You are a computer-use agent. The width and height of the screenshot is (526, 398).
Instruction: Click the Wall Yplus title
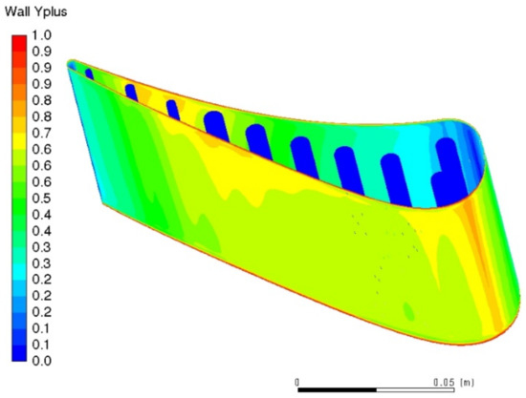pyautogui.click(x=36, y=11)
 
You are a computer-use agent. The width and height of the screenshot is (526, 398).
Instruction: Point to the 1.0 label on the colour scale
pyautogui.click(x=41, y=34)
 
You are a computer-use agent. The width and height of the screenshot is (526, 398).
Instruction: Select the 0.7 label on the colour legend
pyautogui.click(x=41, y=133)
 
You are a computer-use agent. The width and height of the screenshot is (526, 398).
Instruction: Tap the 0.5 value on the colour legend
pyautogui.click(x=41, y=199)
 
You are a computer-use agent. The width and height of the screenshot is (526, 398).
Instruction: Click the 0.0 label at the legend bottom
pyautogui.click(x=41, y=361)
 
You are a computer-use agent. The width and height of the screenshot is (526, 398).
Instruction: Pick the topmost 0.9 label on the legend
pyautogui.click(x=41, y=52)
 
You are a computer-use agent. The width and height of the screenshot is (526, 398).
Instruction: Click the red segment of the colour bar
pyautogui.click(x=19, y=43)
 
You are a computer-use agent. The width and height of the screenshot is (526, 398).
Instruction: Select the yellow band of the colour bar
pyautogui.click(x=19, y=141)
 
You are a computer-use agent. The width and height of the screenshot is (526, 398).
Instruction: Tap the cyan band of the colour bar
pyautogui.click(x=19, y=271)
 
